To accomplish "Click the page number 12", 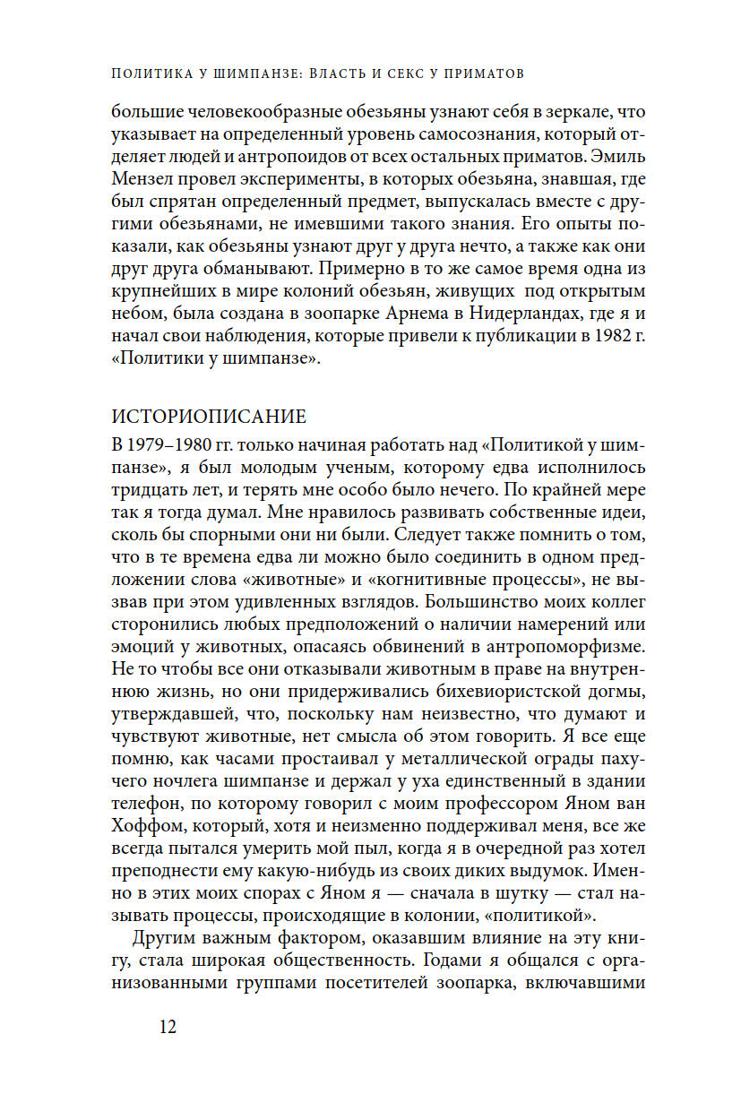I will point(164,1027).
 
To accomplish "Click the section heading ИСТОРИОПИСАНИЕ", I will point(208,417).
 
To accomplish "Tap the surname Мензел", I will point(142,179).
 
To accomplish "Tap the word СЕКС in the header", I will point(370,73).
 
